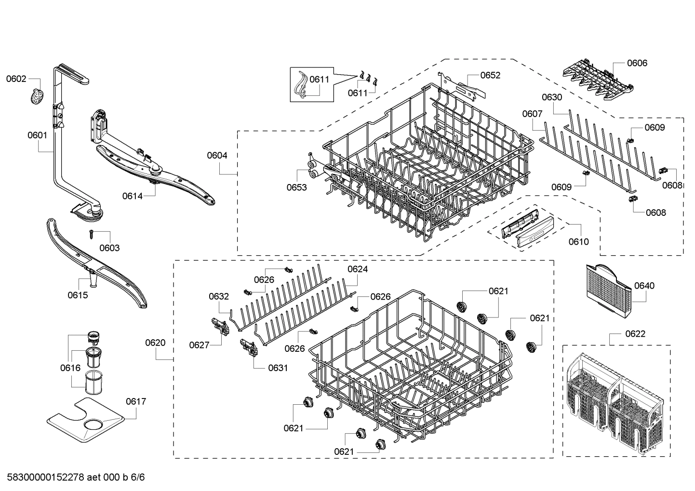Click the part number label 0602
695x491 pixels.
tap(16, 79)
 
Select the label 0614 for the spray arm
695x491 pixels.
tap(132, 196)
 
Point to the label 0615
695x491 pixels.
tap(78, 295)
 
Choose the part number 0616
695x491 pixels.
tap(70, 368)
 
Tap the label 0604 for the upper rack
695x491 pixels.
tap(217, 155)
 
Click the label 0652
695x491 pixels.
tap(490, 75)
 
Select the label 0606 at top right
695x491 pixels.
tap(637, 63)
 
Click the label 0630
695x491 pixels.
tap(552, 97)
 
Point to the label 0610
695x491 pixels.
tap(578, 241)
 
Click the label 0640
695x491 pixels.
tap(644, 286)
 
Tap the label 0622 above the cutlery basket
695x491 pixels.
tap(635, 333)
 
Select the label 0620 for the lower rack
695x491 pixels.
tap(155, 343)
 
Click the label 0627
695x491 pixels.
tap(199, 345)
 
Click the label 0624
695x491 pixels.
tap(358, 269)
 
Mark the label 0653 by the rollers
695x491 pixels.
tap(296, 187)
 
